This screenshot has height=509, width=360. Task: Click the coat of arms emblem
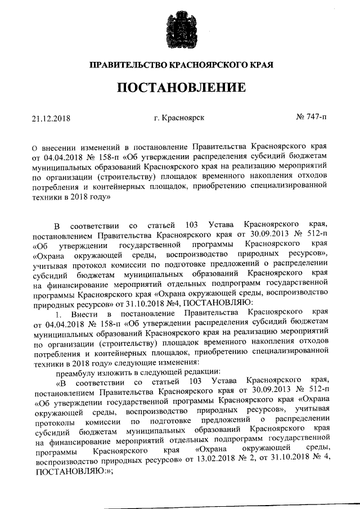pos(179,26)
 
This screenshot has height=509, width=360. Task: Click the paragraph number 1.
pos(66,312)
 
